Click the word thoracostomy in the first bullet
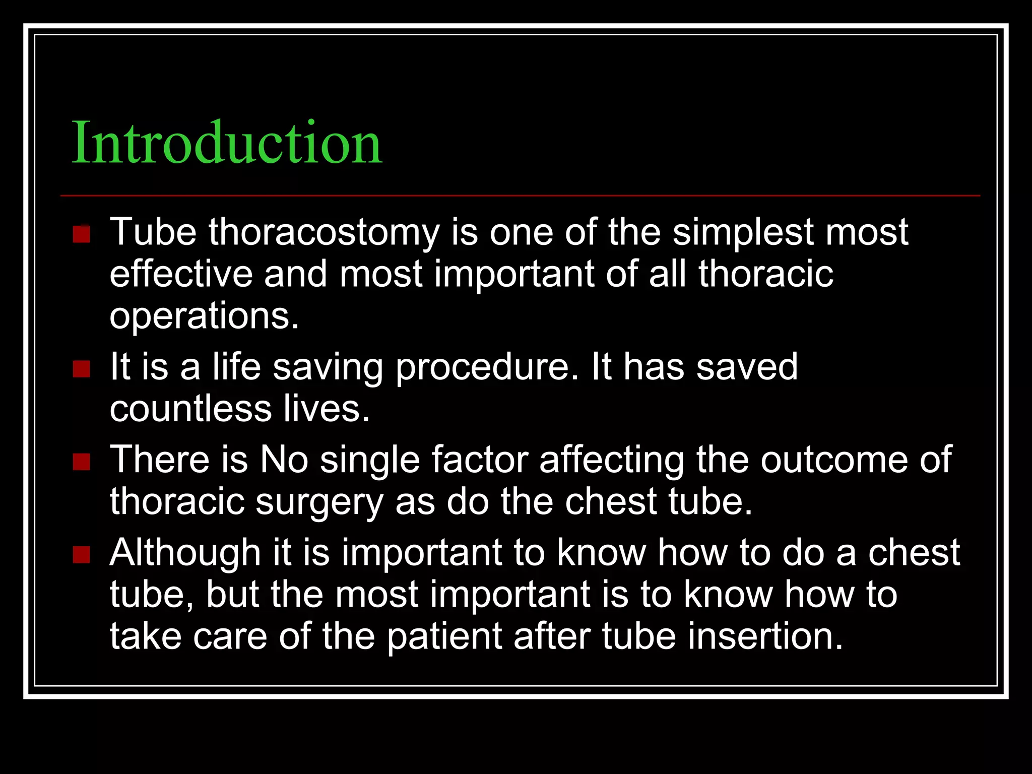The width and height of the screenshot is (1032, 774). pos(324,232)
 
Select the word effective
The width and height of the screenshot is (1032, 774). pos(181,274)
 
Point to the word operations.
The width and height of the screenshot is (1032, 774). pos(204,316)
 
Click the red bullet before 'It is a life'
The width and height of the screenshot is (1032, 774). pos(81,369)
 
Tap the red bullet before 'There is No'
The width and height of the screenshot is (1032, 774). pos(81,462)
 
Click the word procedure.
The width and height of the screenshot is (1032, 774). pos(487,368)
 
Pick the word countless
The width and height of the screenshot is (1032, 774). pos(191,409)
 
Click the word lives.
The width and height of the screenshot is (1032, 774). pos(326,409)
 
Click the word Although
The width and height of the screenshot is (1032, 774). pos(185,553)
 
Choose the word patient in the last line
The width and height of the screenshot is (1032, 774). pos(444,636)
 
